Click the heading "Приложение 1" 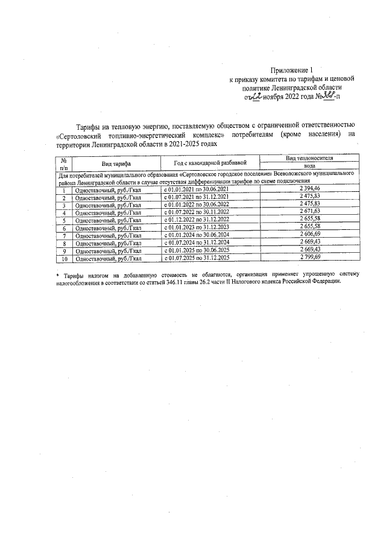click(292, 69)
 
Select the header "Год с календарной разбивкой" click(210, 163)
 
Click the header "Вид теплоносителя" click(309, 157)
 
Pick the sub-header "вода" click(309, 166)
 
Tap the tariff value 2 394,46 click(309, 189)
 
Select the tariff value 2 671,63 click(309, 212)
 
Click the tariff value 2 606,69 click(309, 235)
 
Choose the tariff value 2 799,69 click(309, 258)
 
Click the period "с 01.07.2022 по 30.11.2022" click(197, 212)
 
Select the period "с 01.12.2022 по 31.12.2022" click(197, 220)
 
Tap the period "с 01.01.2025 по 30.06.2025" click(197, 251)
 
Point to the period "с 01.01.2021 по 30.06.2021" click(197, 189)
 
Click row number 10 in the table click(63, 259)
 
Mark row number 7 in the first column click(63, 236)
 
